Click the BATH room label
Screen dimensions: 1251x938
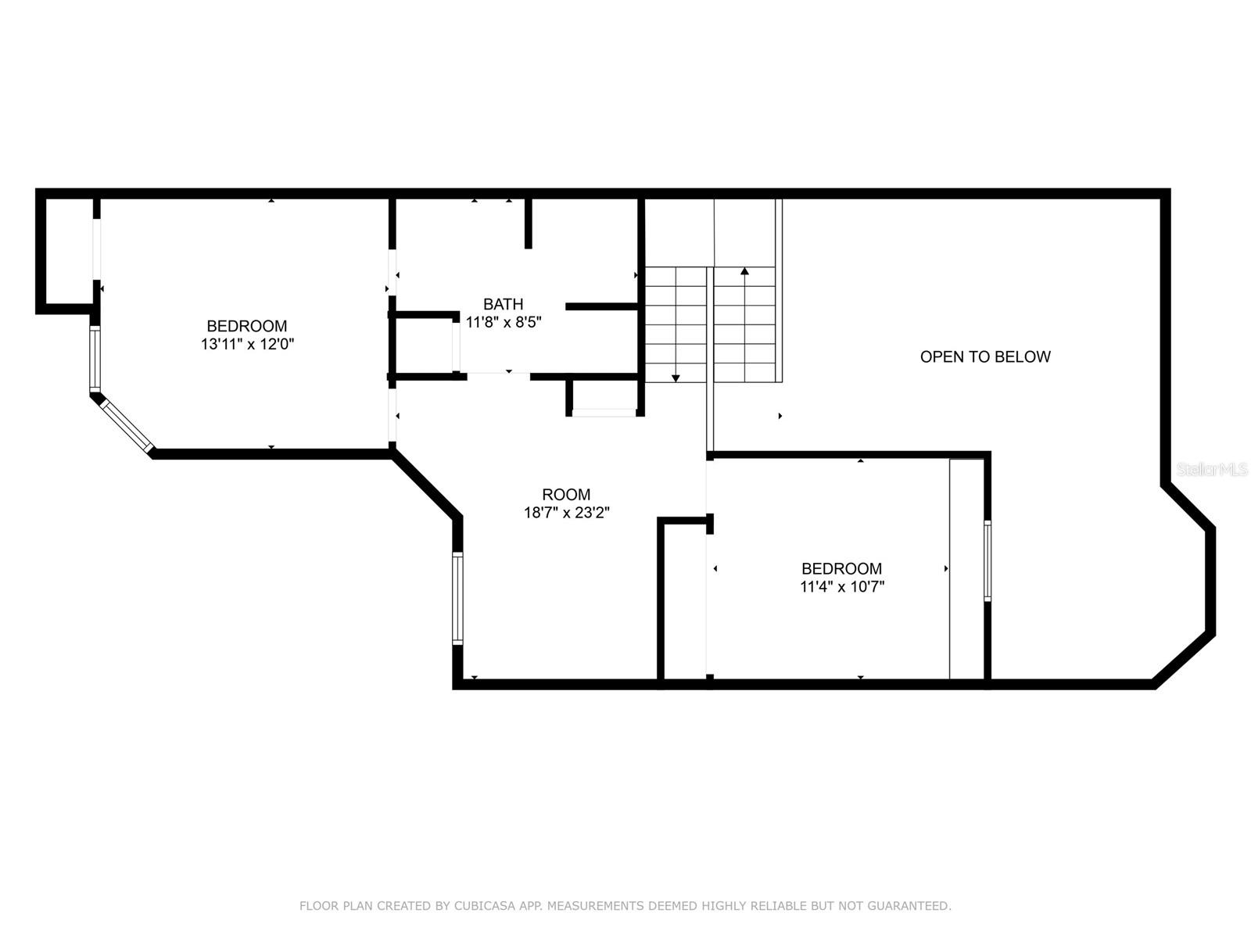503,304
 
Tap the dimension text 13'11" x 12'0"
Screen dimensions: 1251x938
247,344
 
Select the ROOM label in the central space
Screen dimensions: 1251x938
566,494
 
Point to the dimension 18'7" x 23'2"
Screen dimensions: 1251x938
567,513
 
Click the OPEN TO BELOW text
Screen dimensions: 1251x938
985,356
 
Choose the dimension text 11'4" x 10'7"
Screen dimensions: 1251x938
842,586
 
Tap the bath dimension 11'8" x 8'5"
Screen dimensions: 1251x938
504,322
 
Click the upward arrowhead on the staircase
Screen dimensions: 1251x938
744,271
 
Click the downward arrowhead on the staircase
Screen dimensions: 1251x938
676,378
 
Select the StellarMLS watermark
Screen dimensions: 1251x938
1212,469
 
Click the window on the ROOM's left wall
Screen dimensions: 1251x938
457,598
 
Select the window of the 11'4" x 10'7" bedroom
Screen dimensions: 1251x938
988,560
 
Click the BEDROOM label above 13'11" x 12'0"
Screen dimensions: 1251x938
247,326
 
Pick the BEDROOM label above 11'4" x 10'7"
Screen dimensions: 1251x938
842,568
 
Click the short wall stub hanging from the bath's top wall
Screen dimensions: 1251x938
529,224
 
